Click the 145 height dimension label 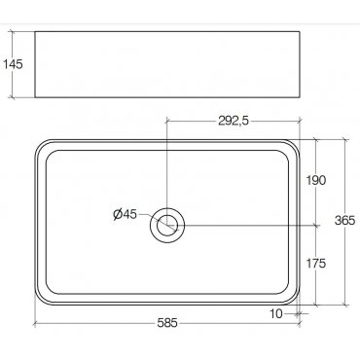pyautogui.click(x=13, y=64)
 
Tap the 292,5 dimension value pyautogui.click(x=234, y=121)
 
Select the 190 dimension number pyautogui.click(x=316, y=180)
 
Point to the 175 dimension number pyautogui.click(x=316, y=264)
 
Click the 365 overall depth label pyautogui.click(x=345, y=221)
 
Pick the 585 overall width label pyautogui.click(x=167, y=323)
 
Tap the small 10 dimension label pyautogui.click(x=276, y=313)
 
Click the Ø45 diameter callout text pyautogui.click(x=126, y=214)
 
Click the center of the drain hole pyautogui.click(x=167, y=225)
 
